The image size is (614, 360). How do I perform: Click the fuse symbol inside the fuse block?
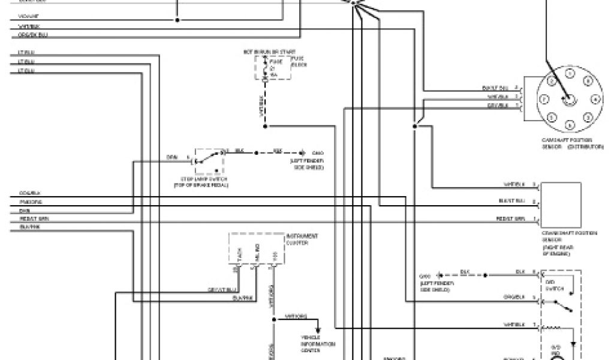click(266, 67)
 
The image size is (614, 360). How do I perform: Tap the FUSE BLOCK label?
click(298, 62)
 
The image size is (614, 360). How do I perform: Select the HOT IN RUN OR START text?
click(266, 52)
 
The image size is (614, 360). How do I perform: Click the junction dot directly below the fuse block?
click(266, 127)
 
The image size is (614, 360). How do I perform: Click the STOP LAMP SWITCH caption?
click(201, 181)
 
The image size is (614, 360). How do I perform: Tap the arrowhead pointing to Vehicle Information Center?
click(318, 330)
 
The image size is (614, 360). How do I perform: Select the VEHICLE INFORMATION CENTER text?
click(318, 344)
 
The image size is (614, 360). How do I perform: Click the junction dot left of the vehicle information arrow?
click(273, 319)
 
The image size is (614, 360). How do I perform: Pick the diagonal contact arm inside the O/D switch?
click(561, 307)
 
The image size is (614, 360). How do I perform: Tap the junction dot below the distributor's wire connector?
click(414, 127)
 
